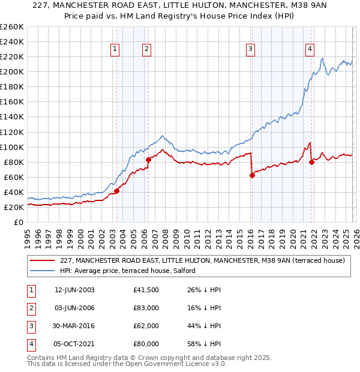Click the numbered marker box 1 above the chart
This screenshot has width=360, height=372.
(115, 50)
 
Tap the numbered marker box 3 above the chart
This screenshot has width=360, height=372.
(250, 50)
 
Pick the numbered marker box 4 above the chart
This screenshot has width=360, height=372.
(310, 50)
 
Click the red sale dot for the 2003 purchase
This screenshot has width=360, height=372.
(116, 191)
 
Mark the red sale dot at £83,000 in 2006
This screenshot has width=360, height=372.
(148, 160)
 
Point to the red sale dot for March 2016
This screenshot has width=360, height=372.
(252, 175)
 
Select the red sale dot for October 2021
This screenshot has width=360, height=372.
(311, 162)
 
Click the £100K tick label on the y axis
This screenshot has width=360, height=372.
(11, 147)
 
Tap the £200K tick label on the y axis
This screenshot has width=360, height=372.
(11, 71)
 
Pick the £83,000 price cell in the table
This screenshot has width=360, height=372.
(146, 308)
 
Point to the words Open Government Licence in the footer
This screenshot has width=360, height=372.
(173, 364)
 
